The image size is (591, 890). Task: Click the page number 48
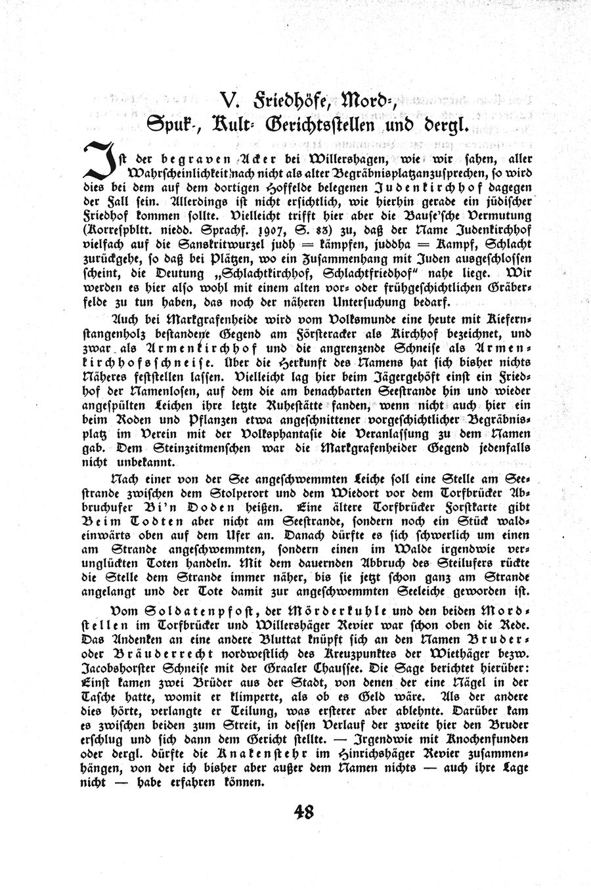pyautogui.click(x=304, y=812)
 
